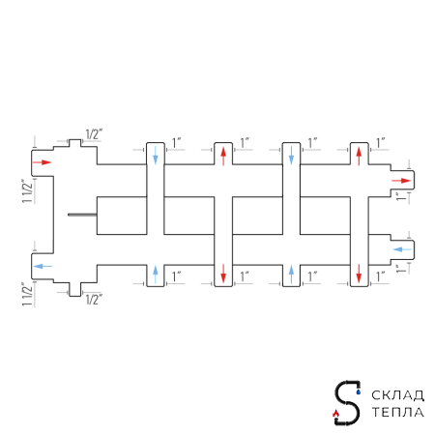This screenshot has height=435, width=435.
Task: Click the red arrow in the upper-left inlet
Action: tap(43, 162)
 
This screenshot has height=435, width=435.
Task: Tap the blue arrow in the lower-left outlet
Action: tap(43, 266)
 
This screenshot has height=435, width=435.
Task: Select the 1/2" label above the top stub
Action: tap(94, 134)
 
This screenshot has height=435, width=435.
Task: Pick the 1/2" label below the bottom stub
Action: tap(94, 300)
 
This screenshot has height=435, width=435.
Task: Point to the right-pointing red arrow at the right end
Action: tap(401, 181)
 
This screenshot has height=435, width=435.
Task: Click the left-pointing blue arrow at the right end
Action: tap(402, 249)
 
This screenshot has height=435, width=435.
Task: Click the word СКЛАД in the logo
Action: tap(397, 395)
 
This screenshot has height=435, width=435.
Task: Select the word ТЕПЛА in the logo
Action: tap(397, 412)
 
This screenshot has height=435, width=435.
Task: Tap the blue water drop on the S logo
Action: tap(359, 391)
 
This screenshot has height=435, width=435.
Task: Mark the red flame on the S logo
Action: tap(335, 413)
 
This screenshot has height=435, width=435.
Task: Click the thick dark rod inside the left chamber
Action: tap(82, 215)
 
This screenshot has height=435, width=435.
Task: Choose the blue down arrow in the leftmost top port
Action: tap(156, 155)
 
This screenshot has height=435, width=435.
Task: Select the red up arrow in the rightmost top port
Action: tap(359, 157)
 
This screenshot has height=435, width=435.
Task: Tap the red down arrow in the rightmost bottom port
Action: tap(359, 274)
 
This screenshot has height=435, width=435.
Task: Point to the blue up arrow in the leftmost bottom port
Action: tap(156, 275)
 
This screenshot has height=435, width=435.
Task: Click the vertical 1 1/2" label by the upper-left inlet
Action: tap(27, 190)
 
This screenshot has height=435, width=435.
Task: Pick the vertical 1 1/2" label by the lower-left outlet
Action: tap(27, 295)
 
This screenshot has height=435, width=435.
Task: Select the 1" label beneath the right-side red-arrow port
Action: tap(401, 196)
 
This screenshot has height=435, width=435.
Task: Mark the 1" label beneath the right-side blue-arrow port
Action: tap(401, 269)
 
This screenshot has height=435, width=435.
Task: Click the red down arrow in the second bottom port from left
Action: tap(223, 274)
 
